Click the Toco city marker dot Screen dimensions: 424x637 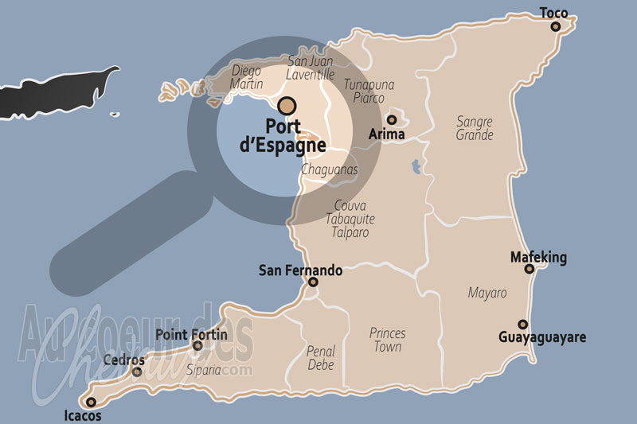click(556, 26)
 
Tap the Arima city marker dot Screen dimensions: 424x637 click(392, 120)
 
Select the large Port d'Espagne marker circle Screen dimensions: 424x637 click(287, 105)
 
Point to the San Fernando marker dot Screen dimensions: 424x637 click(313, 282)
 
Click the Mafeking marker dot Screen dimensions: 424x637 click(530, 269)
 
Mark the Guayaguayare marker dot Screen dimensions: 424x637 click(522, 324)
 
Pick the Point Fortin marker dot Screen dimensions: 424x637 click(197, 345)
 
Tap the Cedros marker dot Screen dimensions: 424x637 click(137, 371)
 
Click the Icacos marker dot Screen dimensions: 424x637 click(91, 402)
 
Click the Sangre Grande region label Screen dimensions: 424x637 click(475, 128)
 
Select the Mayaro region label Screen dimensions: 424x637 click(487, 293)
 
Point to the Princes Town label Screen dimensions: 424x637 click(388, 340)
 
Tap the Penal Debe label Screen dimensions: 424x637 click(321, 358)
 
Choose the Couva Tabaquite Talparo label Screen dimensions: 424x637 click(350, 219)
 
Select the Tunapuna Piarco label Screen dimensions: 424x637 click(369, 91)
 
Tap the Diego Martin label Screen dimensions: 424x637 click(246, 77)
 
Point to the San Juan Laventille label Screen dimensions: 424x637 click(311, 67)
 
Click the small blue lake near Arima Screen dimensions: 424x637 click(415, 167)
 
